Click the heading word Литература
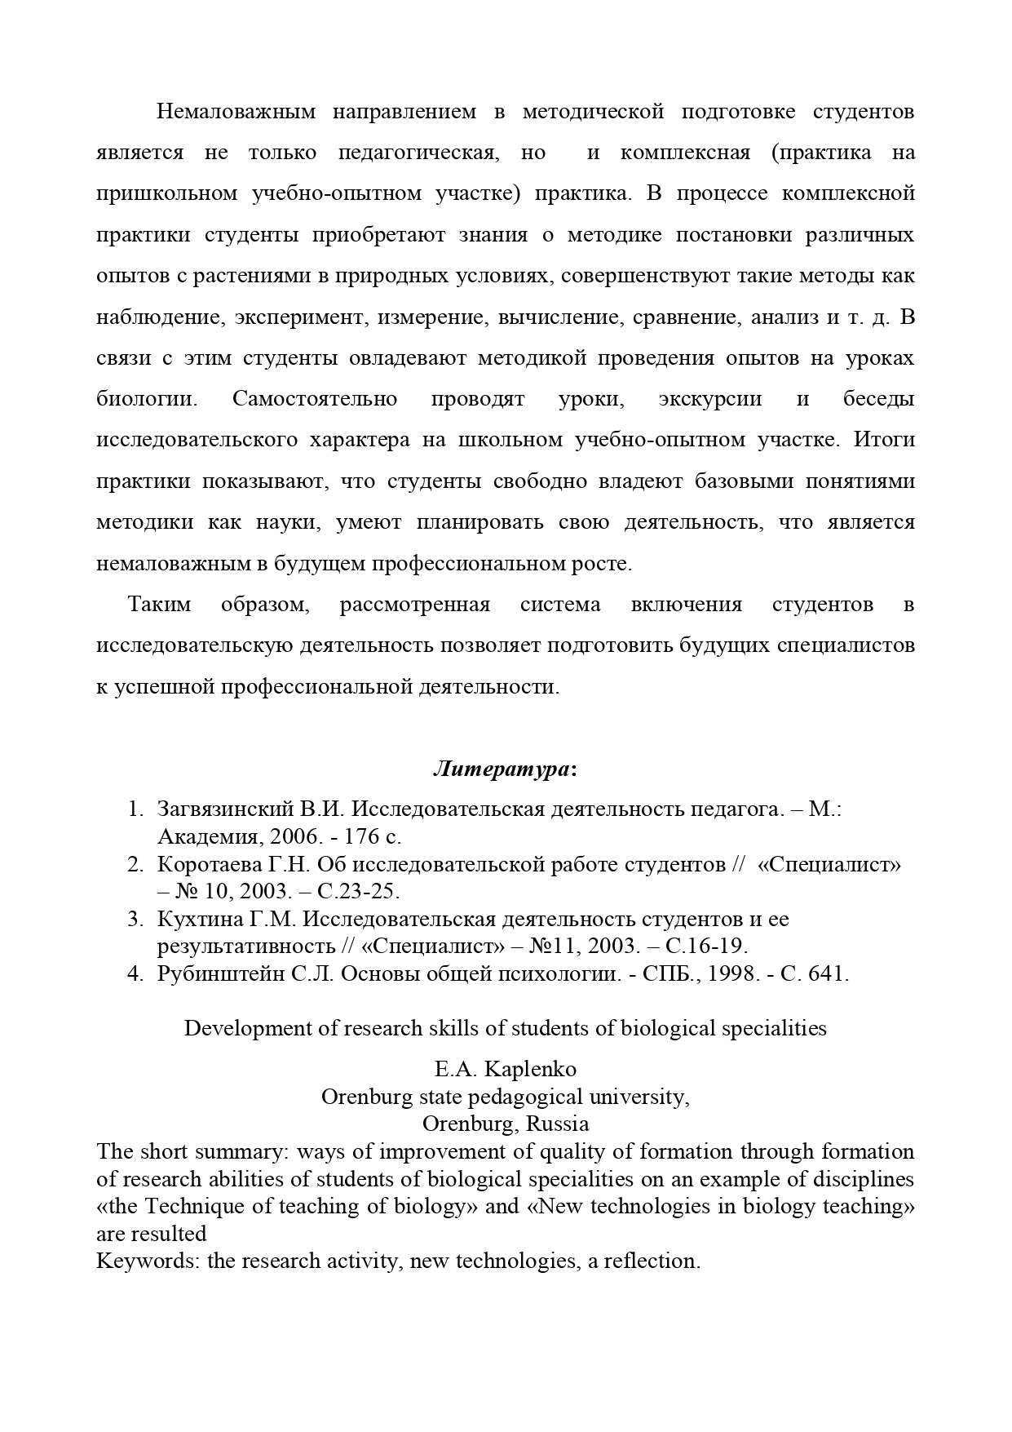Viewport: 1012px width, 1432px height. point(501,769)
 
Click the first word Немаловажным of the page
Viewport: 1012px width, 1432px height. point(236,112)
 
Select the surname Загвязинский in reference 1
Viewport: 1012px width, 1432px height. point(225,809)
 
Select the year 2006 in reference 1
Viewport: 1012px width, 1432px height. point(290,837)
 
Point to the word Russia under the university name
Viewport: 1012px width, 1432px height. point(557,1124)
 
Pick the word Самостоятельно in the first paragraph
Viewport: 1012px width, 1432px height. point(315,399)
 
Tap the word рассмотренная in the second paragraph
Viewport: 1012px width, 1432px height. point(415,605)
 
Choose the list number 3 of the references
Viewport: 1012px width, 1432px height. point(135,920)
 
